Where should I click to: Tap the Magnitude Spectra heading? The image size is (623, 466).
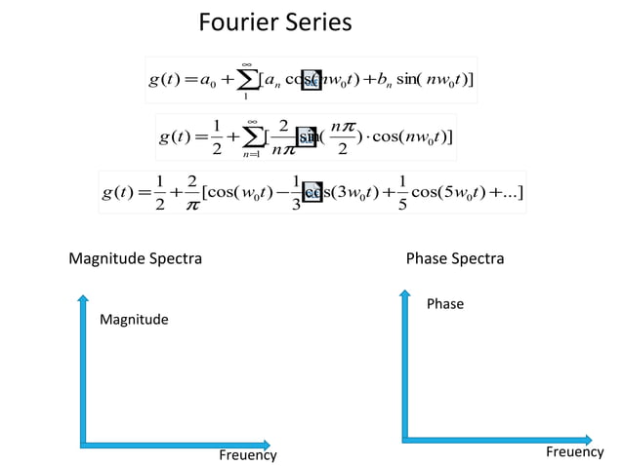pos(136,259)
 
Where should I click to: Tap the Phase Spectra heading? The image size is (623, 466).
pos(455,259)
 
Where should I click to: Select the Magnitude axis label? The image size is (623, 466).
pos(134,320)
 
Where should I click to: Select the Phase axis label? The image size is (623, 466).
pos(445,304)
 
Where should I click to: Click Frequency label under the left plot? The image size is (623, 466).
pos(247,455)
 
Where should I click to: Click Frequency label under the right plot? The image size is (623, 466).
pos(574,451)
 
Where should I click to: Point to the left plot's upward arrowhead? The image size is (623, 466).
pos(84,298)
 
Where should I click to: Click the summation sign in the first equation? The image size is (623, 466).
pos(246,80)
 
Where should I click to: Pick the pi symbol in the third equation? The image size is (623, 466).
pos(197,200)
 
